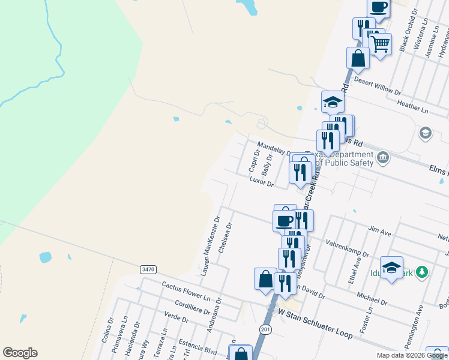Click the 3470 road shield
[x=148, y=270]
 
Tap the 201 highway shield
[x=266, y=329]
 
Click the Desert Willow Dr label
[x=377, y=85]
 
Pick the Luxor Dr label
[x=262, y=182]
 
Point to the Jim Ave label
[x=380, y=230]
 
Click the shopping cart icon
[x=380, y=43]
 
